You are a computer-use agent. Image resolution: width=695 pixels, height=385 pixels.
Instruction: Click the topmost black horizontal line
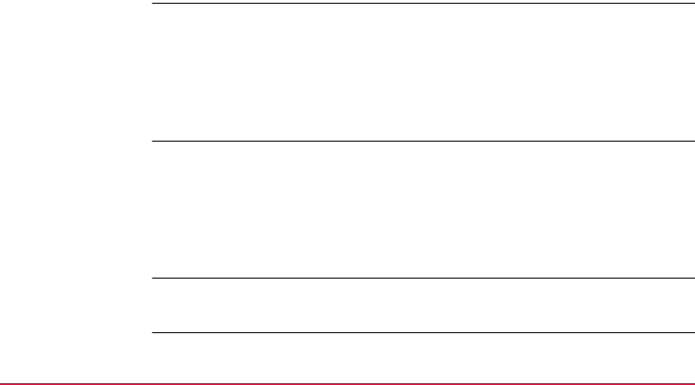[x=422, y=4]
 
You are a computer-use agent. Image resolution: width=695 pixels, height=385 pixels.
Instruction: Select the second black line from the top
[x=422, y=142]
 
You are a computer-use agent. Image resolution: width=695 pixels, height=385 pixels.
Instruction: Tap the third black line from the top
[x=422, y=278]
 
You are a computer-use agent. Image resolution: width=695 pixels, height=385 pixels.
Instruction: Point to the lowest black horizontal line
[x=422, y=332]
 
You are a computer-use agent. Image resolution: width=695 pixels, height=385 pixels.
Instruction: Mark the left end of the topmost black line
[x=153, y=4]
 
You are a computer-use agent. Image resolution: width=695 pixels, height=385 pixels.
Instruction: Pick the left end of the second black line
[x=153, y=142]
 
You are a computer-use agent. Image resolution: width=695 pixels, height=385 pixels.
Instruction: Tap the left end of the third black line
[x=153, y=278]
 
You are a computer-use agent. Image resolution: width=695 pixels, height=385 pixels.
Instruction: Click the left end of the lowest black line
[x=153, y=332]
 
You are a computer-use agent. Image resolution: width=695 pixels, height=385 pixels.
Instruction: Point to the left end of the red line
[x=2, y=380]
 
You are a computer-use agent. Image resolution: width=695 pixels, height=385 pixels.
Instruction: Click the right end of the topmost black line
[x=692, y=4]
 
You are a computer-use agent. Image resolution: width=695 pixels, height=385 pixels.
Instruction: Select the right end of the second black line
[x=692, y=142]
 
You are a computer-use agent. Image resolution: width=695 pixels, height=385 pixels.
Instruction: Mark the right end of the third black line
[x=692, y=278]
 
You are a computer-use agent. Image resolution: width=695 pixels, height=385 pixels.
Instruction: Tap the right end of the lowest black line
[x=692, y=332]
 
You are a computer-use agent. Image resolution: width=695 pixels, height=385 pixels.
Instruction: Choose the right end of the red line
[x=693, y=380]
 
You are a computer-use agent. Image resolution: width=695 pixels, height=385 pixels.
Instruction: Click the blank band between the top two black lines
[x=422, y=72]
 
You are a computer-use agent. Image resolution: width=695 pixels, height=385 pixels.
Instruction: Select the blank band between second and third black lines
[x=422, y=210]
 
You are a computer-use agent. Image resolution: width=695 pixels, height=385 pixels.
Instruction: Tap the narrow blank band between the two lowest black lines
[x=422, y=305]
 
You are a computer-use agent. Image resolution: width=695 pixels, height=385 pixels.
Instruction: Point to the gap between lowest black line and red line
[x=422, y=356]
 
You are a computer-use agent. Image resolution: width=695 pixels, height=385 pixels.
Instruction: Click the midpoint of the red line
[x=347, y=380]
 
